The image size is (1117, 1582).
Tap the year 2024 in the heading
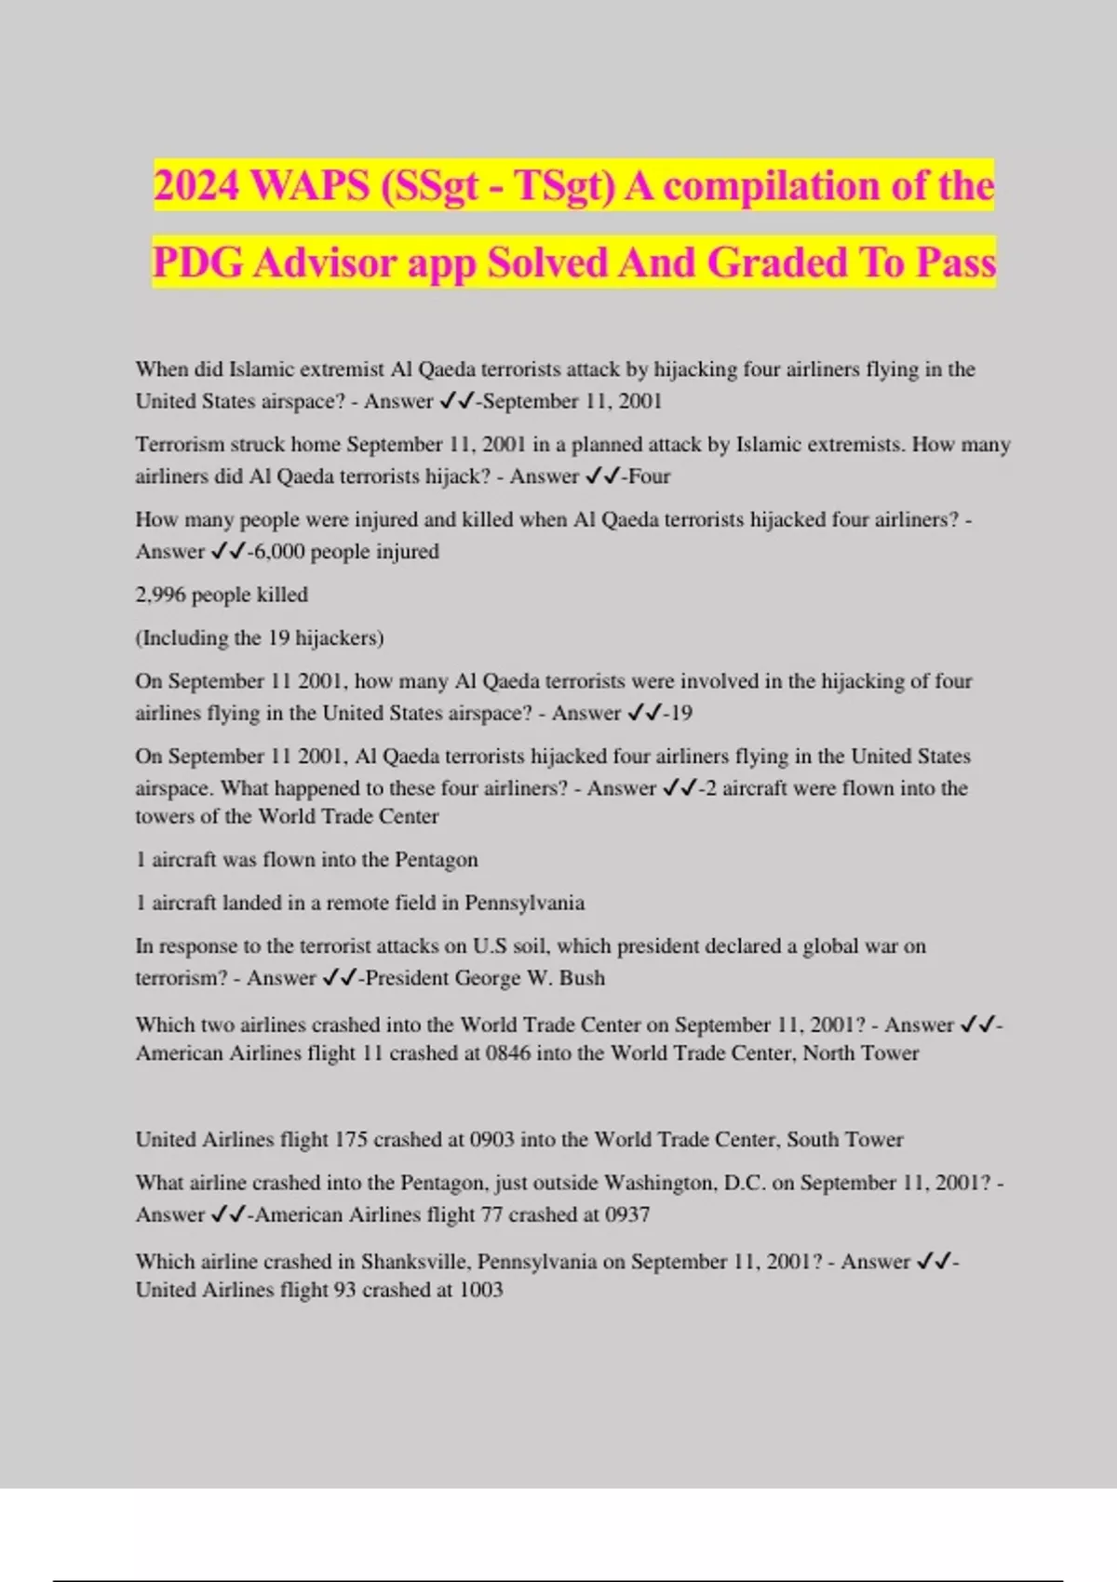196,185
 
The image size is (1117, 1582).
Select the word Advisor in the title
324,262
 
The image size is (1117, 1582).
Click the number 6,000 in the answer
278,551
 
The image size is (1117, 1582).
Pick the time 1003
480,1290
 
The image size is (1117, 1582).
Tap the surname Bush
582,978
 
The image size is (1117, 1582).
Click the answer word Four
649,476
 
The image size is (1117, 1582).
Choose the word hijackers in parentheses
338,638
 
